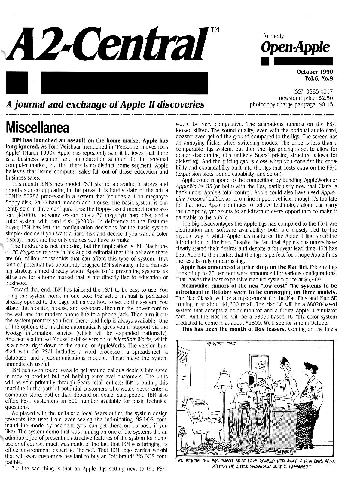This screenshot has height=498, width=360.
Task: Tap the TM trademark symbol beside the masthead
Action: [x=215, y=29]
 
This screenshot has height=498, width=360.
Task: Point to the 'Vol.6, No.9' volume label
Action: [x=319, y=79]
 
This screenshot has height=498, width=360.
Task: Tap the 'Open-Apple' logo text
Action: [x=296, y=47]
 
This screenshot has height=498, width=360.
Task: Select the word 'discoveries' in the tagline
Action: [x=181, y=105]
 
